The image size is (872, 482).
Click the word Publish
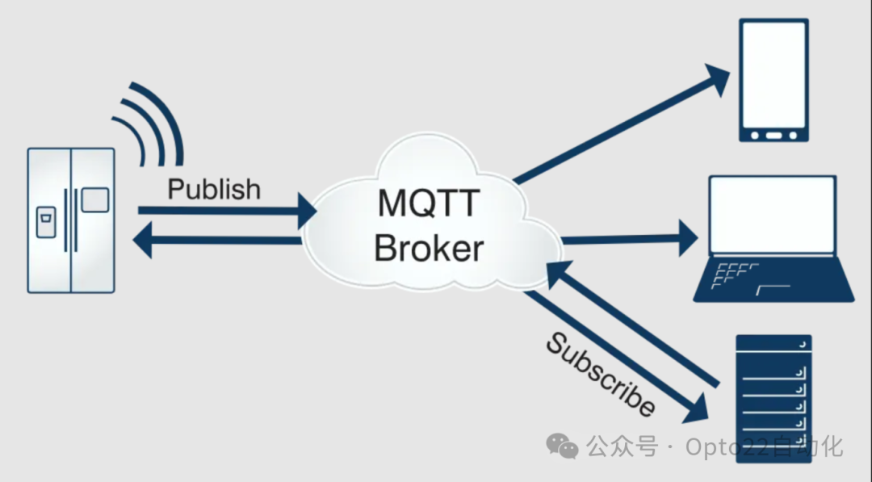pyautogui.click(x=214, y=189)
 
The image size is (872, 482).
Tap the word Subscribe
pyautogui.click(x=600, y=375)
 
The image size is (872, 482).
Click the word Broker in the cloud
pyautogui.click(x=429, y=248)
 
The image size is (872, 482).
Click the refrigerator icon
pyautogui.click(x=71, y=220)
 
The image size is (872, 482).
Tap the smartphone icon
pyautogui.click(x=774, y=82)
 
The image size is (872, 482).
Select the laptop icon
pyautogui.click(x=773, y=239)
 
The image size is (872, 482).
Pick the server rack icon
pyautogui.click(x=773, y=396)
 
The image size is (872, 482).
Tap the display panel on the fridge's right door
pyautogui.click(x=94, y=199)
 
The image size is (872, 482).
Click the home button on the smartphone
pyautogui.click(x=774, y=134)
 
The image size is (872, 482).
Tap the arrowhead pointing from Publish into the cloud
pyautogui.click(x=308, y=211)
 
